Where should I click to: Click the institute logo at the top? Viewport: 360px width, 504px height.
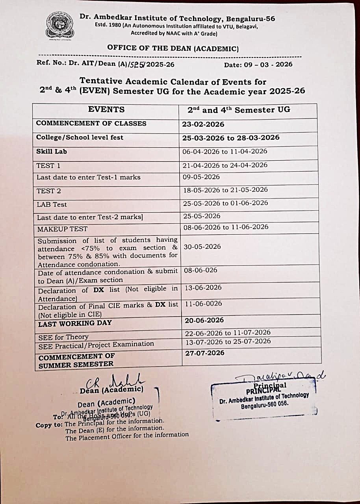point(60,26)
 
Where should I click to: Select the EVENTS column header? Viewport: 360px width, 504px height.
point(106,110)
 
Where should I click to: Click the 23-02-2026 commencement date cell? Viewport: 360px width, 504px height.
point(203,124)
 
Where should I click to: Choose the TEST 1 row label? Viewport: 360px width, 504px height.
point(48,166)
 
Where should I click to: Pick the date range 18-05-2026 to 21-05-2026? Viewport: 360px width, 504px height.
point(225,190)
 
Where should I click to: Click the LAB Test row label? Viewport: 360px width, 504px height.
point(52,205)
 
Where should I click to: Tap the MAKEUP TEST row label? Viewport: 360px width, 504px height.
point(62,229)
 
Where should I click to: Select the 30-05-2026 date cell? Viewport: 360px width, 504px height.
point(202,247)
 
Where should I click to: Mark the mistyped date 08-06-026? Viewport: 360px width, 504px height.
point(200,270)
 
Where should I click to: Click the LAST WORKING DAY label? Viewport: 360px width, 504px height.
point(75,323)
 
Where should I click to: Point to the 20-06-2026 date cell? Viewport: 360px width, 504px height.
point(204,321)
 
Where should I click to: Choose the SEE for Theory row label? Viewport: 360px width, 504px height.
point(63,337)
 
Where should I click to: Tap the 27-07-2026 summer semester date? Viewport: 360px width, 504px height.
point(205,353)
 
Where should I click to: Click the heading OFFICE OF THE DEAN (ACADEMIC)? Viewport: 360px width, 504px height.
point(173,48)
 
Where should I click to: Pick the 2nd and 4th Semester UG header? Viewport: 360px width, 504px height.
point(239,110)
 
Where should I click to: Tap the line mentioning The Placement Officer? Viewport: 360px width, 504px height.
point(127,435)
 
